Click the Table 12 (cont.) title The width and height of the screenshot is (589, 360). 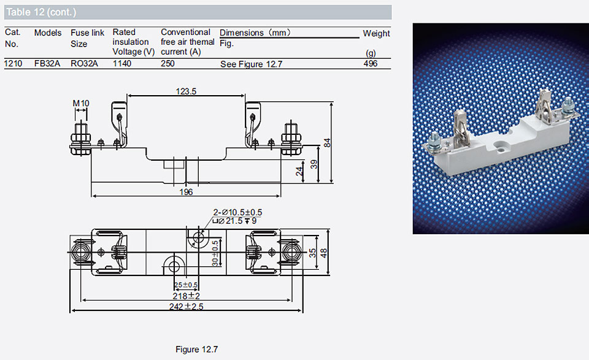(x=41, y=12)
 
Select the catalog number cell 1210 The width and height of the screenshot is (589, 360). (x=13, y=63)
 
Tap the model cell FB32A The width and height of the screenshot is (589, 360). (x=47, y=63)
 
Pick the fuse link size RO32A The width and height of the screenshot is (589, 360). (x=84, y=63)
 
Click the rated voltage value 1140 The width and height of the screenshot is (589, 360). (x=122, y=63)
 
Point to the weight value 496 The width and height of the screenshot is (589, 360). (x=371, y=63)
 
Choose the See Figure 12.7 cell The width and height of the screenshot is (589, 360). (x=252, y=64)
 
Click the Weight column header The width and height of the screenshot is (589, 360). (x=376, y=33)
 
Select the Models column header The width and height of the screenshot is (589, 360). (x=48, y=33)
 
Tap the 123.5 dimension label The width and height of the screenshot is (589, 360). (x=186, y=91)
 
